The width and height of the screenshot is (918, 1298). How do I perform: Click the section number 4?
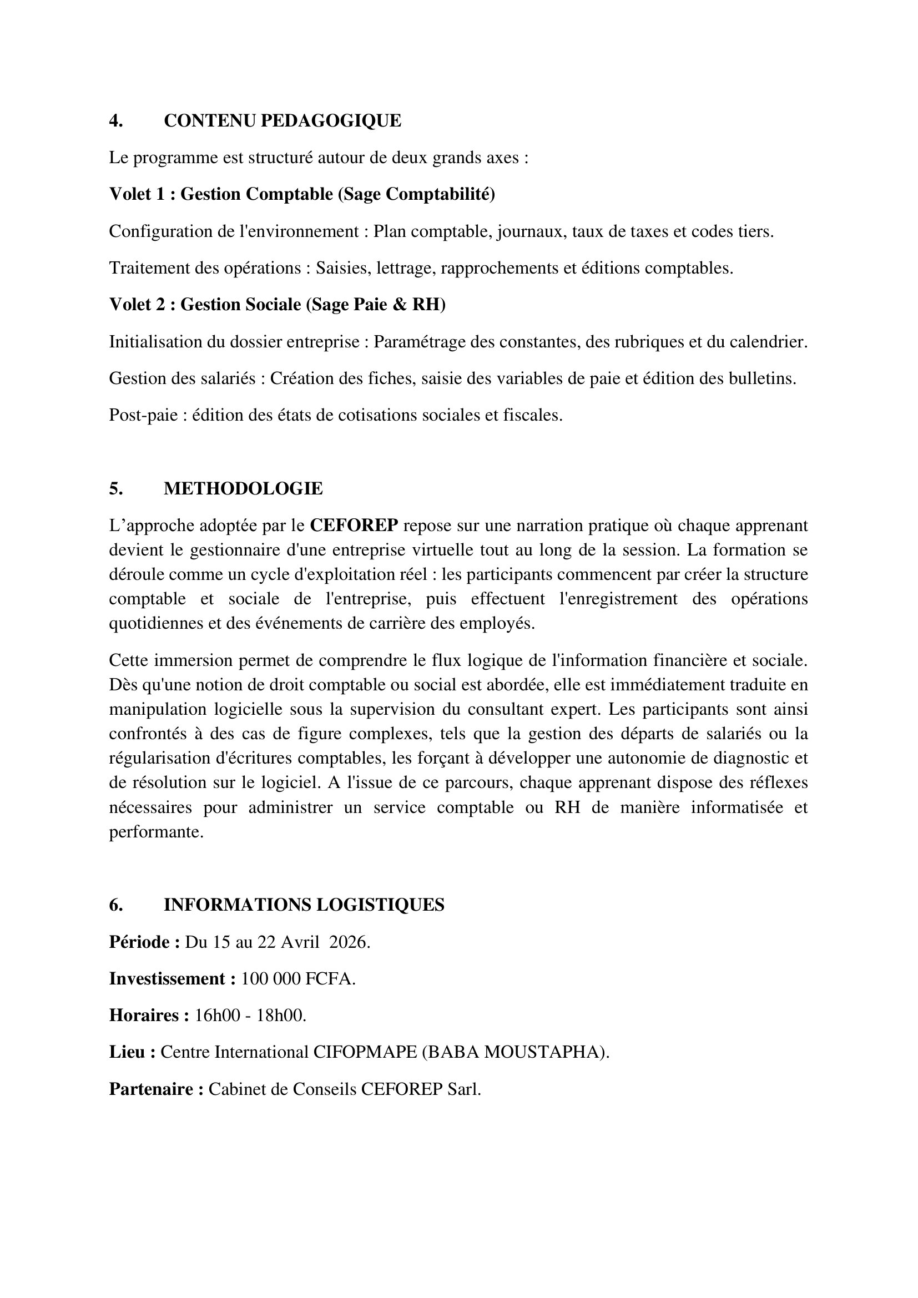click(x=116, y=121)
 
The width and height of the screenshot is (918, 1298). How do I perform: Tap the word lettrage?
click(x=402, y=268)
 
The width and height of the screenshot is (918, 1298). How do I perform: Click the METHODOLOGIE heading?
click(x=243, y=489)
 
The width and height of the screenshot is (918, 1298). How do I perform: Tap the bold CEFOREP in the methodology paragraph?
click(x=355, y=526)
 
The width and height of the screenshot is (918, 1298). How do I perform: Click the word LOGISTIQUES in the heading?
click(x=380, y=905)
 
